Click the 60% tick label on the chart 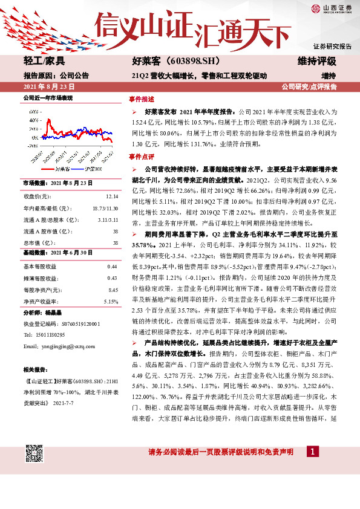32,111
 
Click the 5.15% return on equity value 110,301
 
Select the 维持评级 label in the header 316,61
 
